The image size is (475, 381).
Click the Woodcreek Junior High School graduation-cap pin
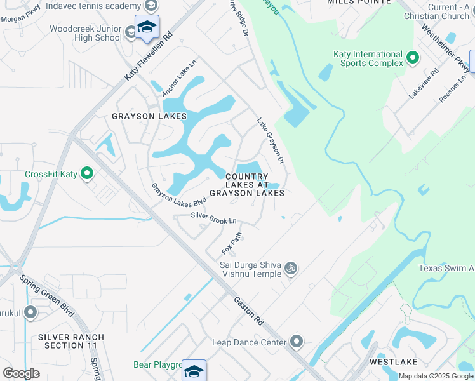pos(147,28)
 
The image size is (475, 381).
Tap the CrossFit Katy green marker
pos(88,173)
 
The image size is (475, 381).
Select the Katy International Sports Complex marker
pos(412,58)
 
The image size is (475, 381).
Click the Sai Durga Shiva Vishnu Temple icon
pos(291,269)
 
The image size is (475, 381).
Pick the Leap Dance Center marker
pos(297,342)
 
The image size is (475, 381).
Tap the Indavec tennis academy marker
pos(151,6)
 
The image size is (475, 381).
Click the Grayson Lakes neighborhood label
pos(149,116)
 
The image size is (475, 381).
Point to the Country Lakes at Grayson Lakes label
pos(246,184)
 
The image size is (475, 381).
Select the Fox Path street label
pos(232,242)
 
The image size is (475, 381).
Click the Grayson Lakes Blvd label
pos(179,194)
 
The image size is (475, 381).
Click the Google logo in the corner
pos(21,373)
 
